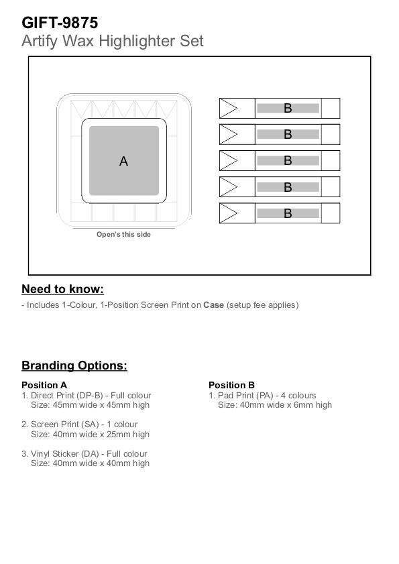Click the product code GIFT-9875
[60, 23]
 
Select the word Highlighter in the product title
[137, 42]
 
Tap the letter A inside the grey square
[123, 161]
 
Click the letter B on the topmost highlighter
[288, 108]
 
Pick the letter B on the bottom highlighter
[288, 213]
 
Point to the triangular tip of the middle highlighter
[229, 161]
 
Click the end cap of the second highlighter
[331, 135]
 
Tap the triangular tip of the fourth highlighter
[229, 187]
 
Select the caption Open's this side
[123, 235]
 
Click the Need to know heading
[62, 289]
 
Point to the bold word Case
[213, 305]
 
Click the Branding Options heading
[74, 365]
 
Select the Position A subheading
[44, 385]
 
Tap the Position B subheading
[232, 385]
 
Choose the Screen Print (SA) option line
[80, 425]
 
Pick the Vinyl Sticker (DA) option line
[84, 454]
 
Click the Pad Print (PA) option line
[262, 396]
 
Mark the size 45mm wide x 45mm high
[101, 405]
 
